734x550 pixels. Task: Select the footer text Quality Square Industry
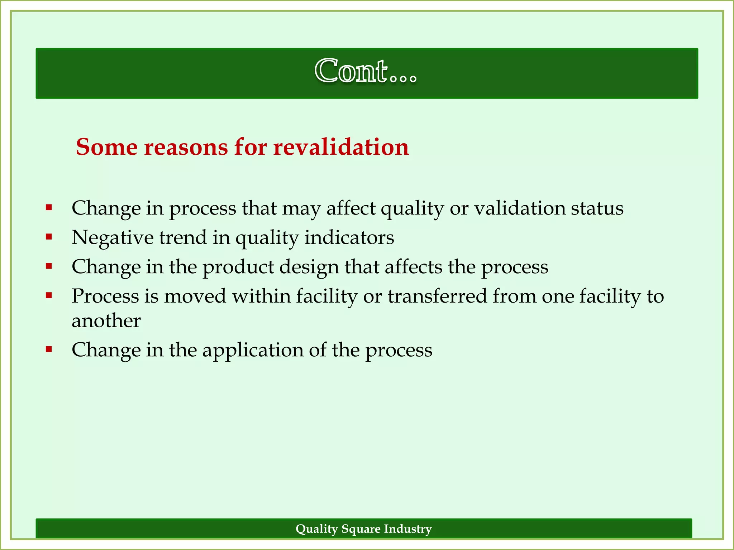[x=363, y=529]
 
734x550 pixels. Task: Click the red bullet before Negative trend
[x=49, y=236]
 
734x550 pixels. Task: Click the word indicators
[x=349, y=237]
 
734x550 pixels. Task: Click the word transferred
[x=437, y=296]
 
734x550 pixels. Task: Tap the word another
[x=106, y=320]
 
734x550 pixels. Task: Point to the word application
[x=253, y=351]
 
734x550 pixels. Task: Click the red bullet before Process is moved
[x=49, y=295]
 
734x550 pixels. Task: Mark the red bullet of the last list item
[x=49, y=349]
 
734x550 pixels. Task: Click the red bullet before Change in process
[x=49, y=207]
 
